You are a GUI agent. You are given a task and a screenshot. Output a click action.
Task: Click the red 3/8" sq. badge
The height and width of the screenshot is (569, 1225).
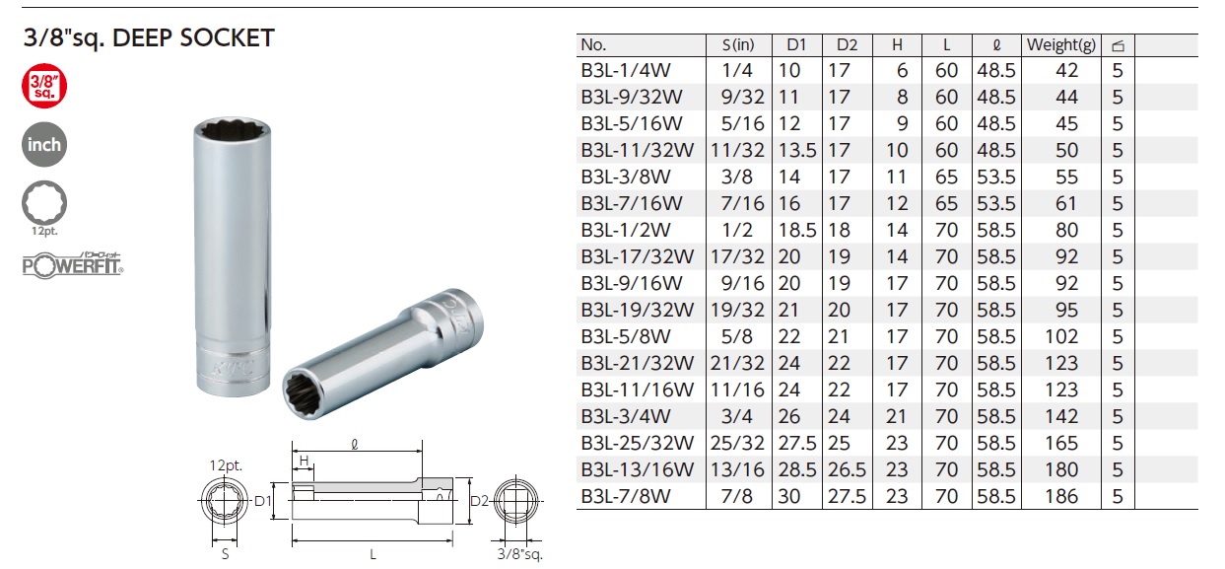click(x=44, y=86)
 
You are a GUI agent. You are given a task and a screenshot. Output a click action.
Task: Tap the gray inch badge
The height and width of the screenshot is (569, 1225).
click(x=44, y=144)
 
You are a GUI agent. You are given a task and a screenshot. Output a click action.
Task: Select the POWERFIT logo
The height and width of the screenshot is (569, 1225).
click(x=73, y=265)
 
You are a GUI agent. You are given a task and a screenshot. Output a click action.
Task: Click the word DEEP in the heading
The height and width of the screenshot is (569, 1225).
click(x=142, y=37)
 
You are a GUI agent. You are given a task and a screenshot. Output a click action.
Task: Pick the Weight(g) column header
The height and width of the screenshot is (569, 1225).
click(x=1061, y=44)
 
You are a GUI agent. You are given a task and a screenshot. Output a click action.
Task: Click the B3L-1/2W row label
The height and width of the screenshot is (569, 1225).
click(x=626, y=230)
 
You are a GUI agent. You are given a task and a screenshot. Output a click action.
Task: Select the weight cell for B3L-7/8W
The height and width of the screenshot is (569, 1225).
click(x=1061, y=496)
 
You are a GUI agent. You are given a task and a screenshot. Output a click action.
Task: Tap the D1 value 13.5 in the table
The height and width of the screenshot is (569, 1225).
click(x=797, y=150)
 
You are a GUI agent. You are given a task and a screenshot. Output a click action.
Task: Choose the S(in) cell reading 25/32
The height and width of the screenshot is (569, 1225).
click(x=737, y=443)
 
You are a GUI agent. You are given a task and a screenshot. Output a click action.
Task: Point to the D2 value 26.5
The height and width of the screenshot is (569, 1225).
click(x=847, y=469)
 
